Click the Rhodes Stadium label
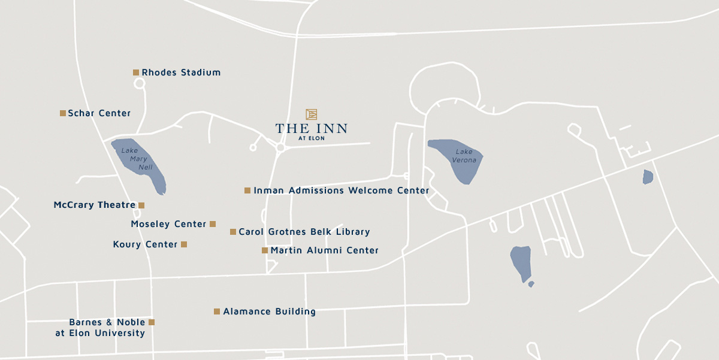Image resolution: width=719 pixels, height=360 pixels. pyautogui.click(x=181, y=72)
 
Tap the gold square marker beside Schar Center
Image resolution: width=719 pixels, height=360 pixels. pyautogui.click(x=63, y=113)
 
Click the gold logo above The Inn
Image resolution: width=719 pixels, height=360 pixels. pyautogui.click(x=311, y=114)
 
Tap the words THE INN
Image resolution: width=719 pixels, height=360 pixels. pyautogui.click(x=311, y=129)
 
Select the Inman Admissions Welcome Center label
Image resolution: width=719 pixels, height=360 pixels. pyautogui.click(x=341, y=190)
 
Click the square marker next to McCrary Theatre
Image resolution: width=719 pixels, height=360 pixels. pyautogui.click(x=141, y=205)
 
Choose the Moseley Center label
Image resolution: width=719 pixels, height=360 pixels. pyautogui.click(x=168, y=224)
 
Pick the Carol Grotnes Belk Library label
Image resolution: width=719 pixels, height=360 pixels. pyautogui.click(x=304, y=232)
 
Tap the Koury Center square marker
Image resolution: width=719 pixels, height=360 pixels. pyautogui.click(x=184, y=244)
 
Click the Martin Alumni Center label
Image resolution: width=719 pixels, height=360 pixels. pyautogui.click(x=324, y=250)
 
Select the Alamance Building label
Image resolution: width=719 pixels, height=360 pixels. pyautogui.click(x=269, y=311)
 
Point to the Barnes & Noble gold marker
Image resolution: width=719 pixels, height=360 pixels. pyautogui.click(x=152, y=322)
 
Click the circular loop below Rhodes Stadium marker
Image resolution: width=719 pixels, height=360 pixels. pyautogui.click(x=140, y=84)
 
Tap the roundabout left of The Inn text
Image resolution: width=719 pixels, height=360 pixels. pyautogui.click(x=280, y=147)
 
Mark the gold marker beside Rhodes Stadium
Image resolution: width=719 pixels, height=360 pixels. pyautogui.click(x=136, y=72)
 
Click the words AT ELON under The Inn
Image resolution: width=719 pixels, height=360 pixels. pyautogui.click(x=311, y=138)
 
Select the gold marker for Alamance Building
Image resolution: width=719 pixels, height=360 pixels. pyautogui.click(x=217, y=311)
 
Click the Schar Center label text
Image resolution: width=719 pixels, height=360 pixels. pyautogui.click(x=99, y=113)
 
